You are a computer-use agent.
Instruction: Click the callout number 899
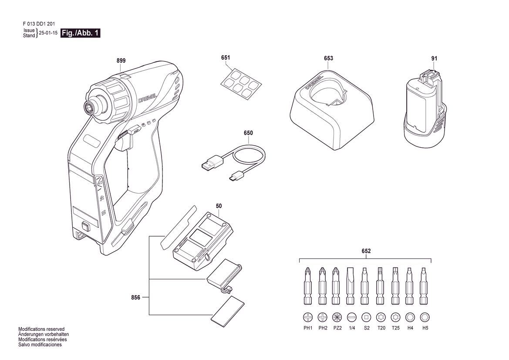pyautogui.click(x=121, y=61)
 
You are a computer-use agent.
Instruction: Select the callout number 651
pyautogui.click(x=226, y=58)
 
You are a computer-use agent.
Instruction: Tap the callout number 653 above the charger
pyautogui.click(x=328, y=58)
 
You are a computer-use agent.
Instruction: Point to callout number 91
pyautogui.click(x=435, y=58)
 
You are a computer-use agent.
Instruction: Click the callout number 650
pyautogui.click(x=248, y=133)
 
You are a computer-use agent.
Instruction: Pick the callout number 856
pyautogui.click(x=136, y=297)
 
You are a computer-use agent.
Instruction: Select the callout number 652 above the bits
pyautogui.click(x=366, y=251)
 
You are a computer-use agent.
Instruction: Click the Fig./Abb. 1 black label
pyautogui.click(x=80, y=33)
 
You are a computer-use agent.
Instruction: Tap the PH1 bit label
pyautogui.click(x=308, y=328)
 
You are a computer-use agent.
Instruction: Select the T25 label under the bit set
pyautogui.click(x=396, y=328)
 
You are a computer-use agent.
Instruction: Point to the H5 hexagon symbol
pyautogui.click(x=425, y=317)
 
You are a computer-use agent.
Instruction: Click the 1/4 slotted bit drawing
pyautogui.click(x=350, y=286)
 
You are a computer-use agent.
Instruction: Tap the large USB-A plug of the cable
pyautogui.click(x=212, y=163)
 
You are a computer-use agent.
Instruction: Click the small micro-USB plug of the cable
pyautogui.click(x=236, y=176)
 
